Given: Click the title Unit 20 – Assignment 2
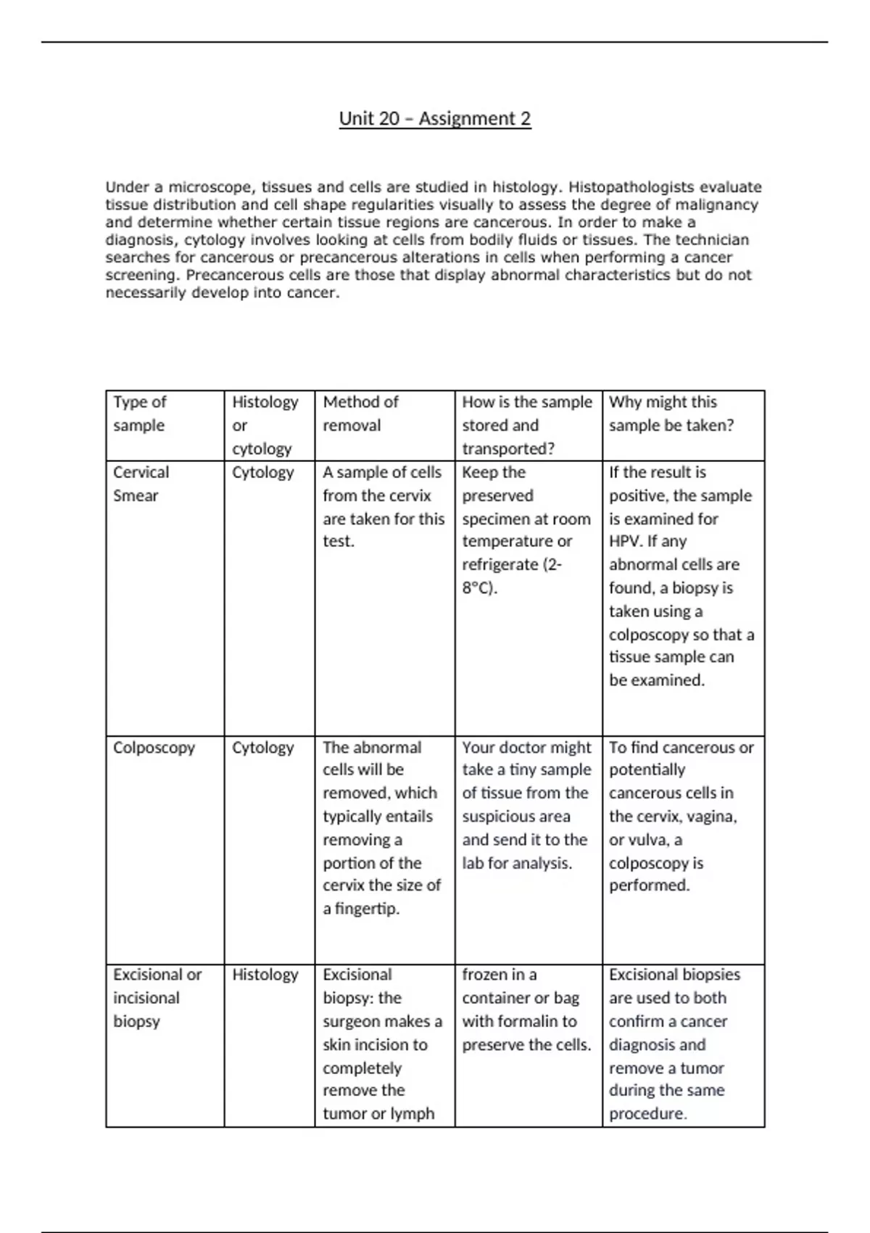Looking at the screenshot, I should coord(435,118).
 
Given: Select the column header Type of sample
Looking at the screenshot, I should coord(140,413).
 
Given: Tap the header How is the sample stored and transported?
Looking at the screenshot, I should coord(527,425).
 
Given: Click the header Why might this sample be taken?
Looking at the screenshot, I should coord(671,413).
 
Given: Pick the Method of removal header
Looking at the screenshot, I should coord(360,413).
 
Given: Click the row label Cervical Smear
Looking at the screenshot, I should coord(141,484).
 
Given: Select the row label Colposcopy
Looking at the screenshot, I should coord(154,748).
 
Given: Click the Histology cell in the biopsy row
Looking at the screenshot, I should coord(265,975).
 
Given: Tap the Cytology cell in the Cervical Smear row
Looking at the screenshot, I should coord(262,472).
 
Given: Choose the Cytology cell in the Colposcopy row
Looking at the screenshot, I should coord(262,748).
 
